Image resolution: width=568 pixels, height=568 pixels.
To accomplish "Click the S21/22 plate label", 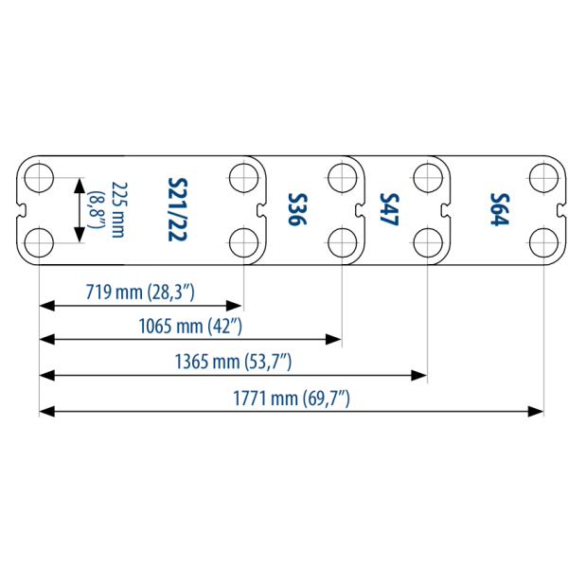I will click(175, 209).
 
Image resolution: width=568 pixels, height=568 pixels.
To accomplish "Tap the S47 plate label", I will click(388, 209).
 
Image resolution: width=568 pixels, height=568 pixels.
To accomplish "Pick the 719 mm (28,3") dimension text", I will click(140, 292).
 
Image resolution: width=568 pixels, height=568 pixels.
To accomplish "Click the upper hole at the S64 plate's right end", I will click(541, 177).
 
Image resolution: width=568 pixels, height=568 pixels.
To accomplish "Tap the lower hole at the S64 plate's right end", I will click(541, 242).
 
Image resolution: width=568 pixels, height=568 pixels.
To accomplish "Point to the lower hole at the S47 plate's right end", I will click(427, 242).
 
